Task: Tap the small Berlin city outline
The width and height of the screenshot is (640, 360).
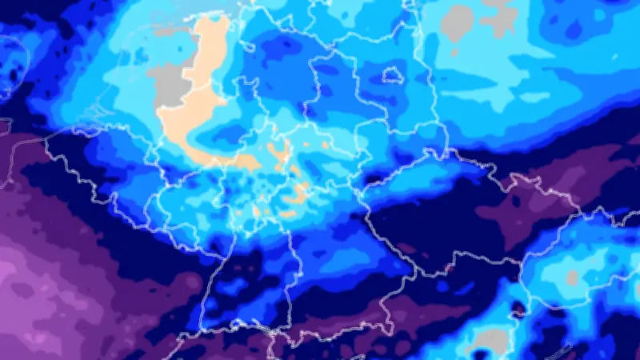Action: coord(391,75)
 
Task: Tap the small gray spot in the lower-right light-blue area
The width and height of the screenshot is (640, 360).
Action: coord(571,278)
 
